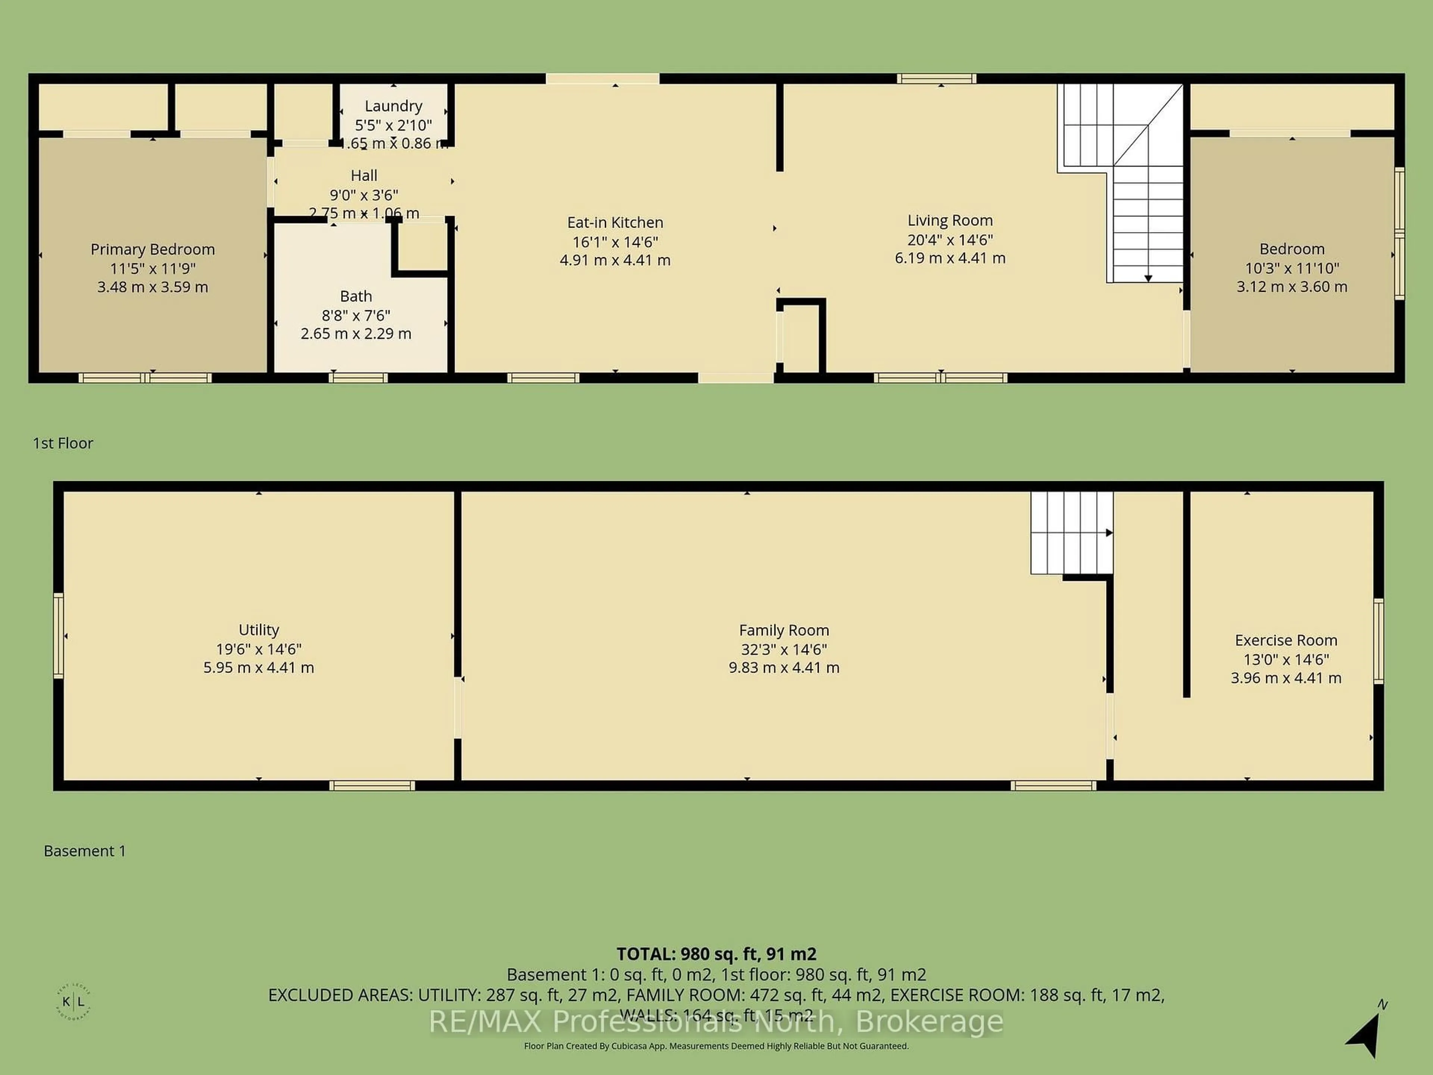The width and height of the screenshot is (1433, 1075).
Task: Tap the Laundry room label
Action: (x=393, y=106)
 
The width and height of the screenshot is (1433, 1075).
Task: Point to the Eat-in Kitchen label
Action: (x=615, y=222)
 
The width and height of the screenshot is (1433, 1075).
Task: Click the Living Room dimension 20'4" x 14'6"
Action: (x=950, y=240)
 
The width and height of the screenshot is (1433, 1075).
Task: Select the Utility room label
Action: (x=259, y=630)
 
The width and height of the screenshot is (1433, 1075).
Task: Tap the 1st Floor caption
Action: (x=63, y=443)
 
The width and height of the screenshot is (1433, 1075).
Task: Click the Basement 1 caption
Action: (x=84, y=851)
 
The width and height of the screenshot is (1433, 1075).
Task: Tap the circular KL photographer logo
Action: (x=73, y=1002)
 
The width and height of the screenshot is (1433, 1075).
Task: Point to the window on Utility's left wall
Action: (x=58, y=636)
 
